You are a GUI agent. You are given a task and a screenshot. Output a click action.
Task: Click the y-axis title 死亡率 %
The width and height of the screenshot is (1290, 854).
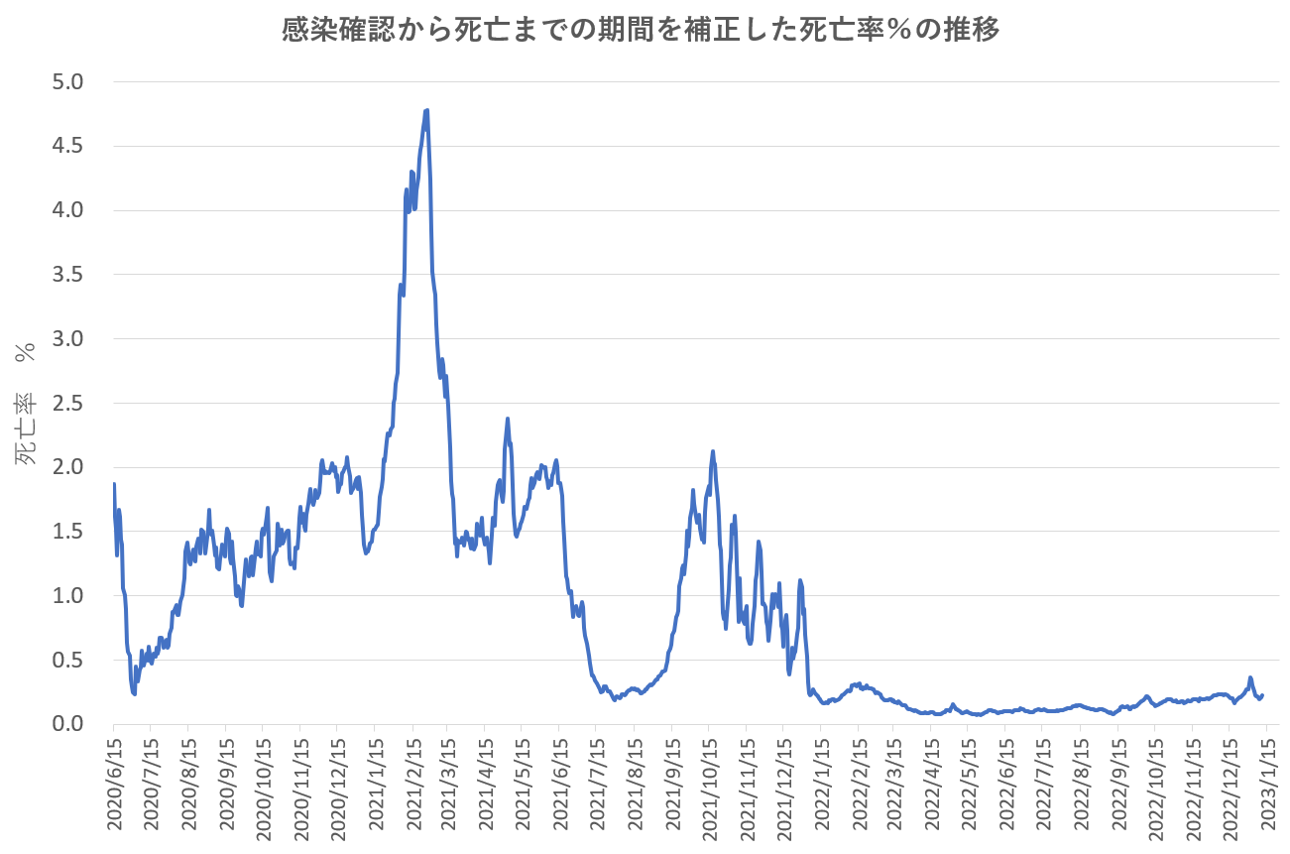point(27,403)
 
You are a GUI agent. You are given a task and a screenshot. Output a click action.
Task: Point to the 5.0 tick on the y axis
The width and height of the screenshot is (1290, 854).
point(68,81)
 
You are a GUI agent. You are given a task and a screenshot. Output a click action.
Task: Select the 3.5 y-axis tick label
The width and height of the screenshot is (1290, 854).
point(68,274)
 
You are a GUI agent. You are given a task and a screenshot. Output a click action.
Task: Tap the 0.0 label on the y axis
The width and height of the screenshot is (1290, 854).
point(68,724)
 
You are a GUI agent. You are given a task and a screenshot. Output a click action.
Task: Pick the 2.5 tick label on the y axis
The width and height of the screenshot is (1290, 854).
point(68,403)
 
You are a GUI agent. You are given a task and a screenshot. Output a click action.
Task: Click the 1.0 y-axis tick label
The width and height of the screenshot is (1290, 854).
point(68,595)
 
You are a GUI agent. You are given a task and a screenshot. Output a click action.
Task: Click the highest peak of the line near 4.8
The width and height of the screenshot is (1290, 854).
point(426,110)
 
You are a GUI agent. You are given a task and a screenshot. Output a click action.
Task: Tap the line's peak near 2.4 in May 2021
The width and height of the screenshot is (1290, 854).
point(508,419)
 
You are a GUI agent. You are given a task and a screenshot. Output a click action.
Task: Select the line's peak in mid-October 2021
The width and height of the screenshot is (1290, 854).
point(712,451)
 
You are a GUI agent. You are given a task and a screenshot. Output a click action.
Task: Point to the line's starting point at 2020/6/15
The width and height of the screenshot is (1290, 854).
point(114,484)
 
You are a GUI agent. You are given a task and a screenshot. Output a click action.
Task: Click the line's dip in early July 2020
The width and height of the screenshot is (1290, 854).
point(134,694)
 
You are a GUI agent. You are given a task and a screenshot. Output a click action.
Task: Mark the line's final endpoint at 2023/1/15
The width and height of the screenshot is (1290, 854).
point(1262,695)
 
